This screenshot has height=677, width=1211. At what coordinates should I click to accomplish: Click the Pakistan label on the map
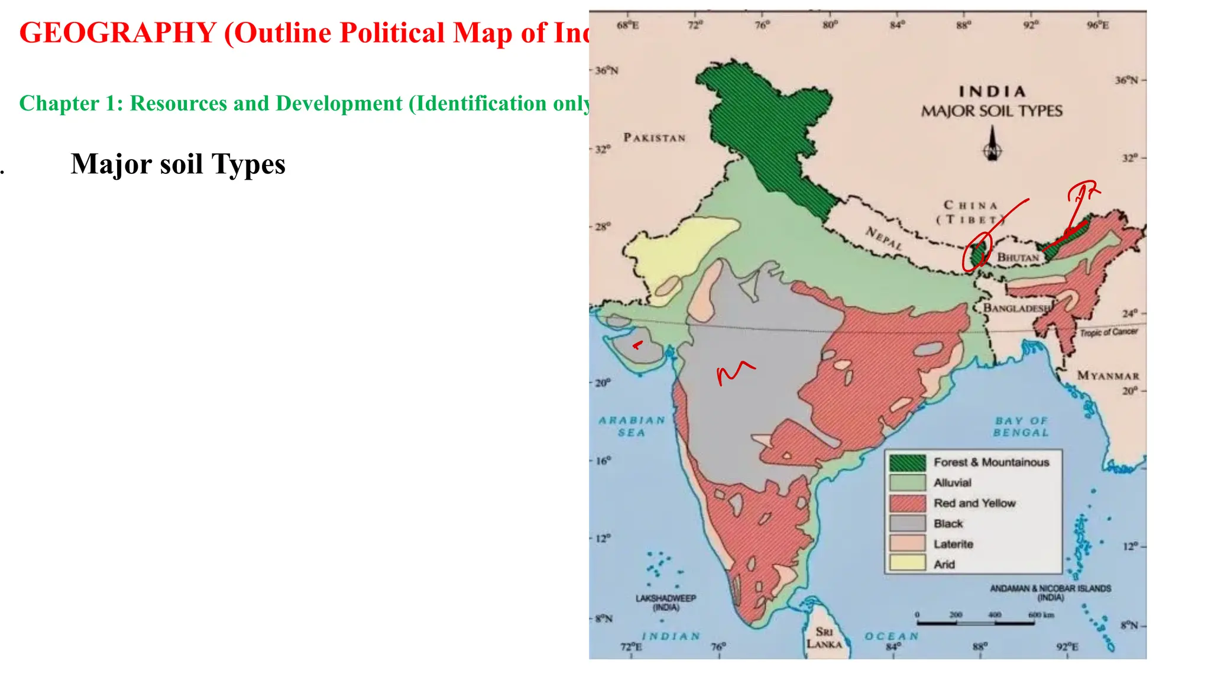(x=654, y=138)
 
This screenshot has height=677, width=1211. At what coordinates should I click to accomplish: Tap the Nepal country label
(x=884, y=238)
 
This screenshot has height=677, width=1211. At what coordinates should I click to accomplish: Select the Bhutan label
(x=1018, y=257)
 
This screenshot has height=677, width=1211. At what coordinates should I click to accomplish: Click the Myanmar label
(x=1108, y=375)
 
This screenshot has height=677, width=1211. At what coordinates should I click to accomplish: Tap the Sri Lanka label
(x=824, y=638)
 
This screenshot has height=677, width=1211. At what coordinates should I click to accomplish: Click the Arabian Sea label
(x=632, y=426)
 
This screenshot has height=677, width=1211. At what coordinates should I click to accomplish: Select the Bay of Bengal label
(x=1021, y=426)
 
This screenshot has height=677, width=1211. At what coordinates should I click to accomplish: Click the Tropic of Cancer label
(x=1109, y=332)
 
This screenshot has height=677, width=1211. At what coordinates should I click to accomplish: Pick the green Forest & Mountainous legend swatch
(x=907, y=462)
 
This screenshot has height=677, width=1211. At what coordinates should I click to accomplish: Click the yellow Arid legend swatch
(x=907, y=563)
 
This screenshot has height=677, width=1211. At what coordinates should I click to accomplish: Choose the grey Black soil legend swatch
(x=907, y=523)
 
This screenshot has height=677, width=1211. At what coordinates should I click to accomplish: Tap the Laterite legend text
(x=953, y=544)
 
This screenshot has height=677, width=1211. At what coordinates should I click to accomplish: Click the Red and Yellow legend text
(x=974, y=503)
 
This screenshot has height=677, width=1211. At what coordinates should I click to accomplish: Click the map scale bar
(x=975, y=623)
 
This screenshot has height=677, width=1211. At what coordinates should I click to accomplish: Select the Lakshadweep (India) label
(x=666, y=603)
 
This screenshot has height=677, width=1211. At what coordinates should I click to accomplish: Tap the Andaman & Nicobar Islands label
(x=1050, y=592)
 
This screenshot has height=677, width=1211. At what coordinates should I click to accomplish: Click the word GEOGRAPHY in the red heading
(x=118, y=33)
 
